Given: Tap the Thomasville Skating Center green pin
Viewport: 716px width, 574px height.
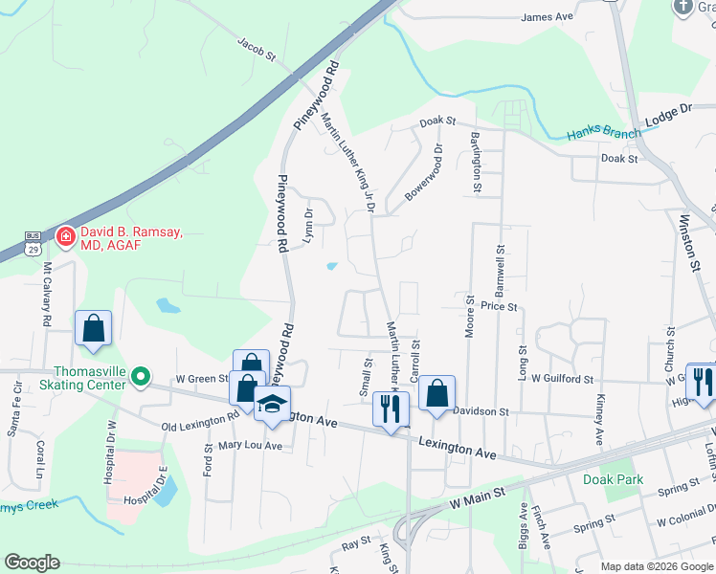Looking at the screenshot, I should click(141, 378).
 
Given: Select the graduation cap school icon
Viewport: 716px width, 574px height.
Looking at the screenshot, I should click(274, 403).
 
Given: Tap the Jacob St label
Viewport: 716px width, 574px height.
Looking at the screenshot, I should click(257, 51).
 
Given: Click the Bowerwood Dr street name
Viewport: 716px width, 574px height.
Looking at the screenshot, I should click(424, 172).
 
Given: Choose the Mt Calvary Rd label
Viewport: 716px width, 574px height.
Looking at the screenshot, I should click(45, 296).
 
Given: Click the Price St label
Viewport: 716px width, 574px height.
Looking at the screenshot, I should click(499, 307).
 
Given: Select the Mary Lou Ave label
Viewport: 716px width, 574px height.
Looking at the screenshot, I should click(250, 446).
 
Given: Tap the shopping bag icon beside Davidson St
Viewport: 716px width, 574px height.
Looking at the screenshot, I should click(436, 392).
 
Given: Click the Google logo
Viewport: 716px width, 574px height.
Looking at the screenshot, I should click(32, 563).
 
